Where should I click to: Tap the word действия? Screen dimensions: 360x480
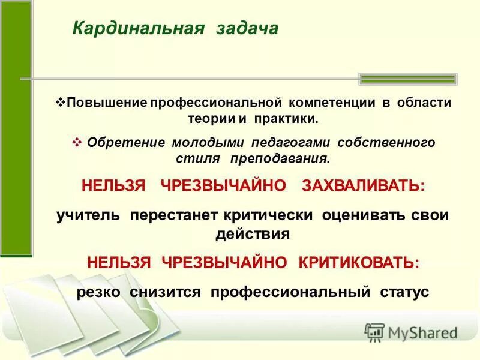click(x=253, y=233)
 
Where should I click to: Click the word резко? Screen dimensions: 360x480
click(x=99, y=292)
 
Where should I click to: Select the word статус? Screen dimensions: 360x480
click(x=404, y=292)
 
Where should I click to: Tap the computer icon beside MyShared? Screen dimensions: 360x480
click(x=374, y=332)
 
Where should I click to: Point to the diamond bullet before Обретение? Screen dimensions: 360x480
click(x=76, y=143)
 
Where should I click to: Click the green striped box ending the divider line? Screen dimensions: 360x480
click(x=407, y=79)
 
